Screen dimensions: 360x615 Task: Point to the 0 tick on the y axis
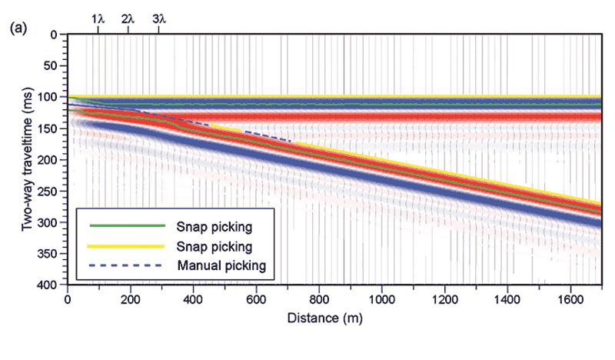(54, 35)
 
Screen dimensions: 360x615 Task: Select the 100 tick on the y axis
(49, 97)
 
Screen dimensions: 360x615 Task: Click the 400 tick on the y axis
(49, 285)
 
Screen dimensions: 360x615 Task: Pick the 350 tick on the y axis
(49, 254)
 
